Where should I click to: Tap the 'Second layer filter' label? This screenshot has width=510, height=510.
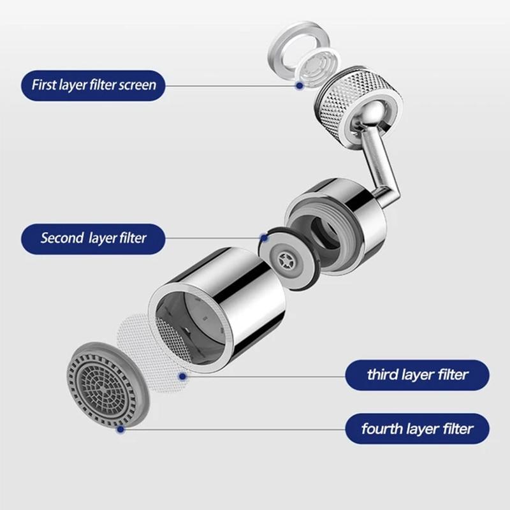93,238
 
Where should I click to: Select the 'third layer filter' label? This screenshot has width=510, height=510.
417,375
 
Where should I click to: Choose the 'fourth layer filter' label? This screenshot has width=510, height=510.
417,428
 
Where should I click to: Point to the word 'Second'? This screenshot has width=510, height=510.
62,238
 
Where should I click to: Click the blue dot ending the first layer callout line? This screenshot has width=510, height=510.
298,85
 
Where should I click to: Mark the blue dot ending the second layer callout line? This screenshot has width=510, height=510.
263,238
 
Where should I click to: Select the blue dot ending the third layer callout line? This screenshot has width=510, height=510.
182,377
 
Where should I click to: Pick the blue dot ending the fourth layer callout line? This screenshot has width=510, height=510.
119,430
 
